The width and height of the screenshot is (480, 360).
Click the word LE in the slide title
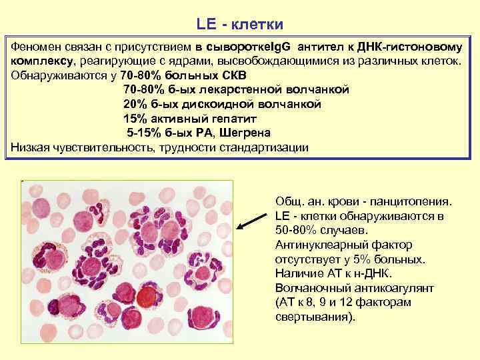[206, 25]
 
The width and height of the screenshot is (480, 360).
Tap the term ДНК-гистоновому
[416, 47]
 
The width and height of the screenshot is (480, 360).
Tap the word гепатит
[234, 118]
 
